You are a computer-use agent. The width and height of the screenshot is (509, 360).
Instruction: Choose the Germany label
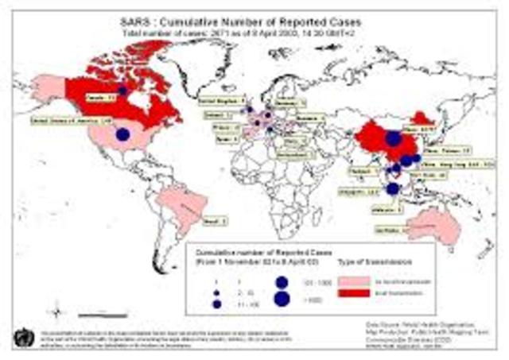289,103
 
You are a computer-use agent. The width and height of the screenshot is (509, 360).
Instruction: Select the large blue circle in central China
393,140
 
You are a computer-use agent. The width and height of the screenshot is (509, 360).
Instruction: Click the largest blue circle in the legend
282,299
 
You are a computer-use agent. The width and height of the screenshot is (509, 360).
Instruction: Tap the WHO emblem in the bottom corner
21,335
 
